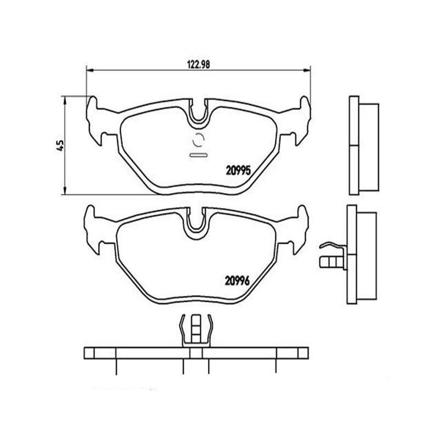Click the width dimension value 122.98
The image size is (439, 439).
[x=198, y=63]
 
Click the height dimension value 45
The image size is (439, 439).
[x=60, y=145]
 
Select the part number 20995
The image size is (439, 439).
[x=239, y=171]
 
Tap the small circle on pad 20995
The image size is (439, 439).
[x=198, y=141]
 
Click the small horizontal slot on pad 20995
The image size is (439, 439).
[x=198, y=155]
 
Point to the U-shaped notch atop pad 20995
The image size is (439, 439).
[x=199, y=112]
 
